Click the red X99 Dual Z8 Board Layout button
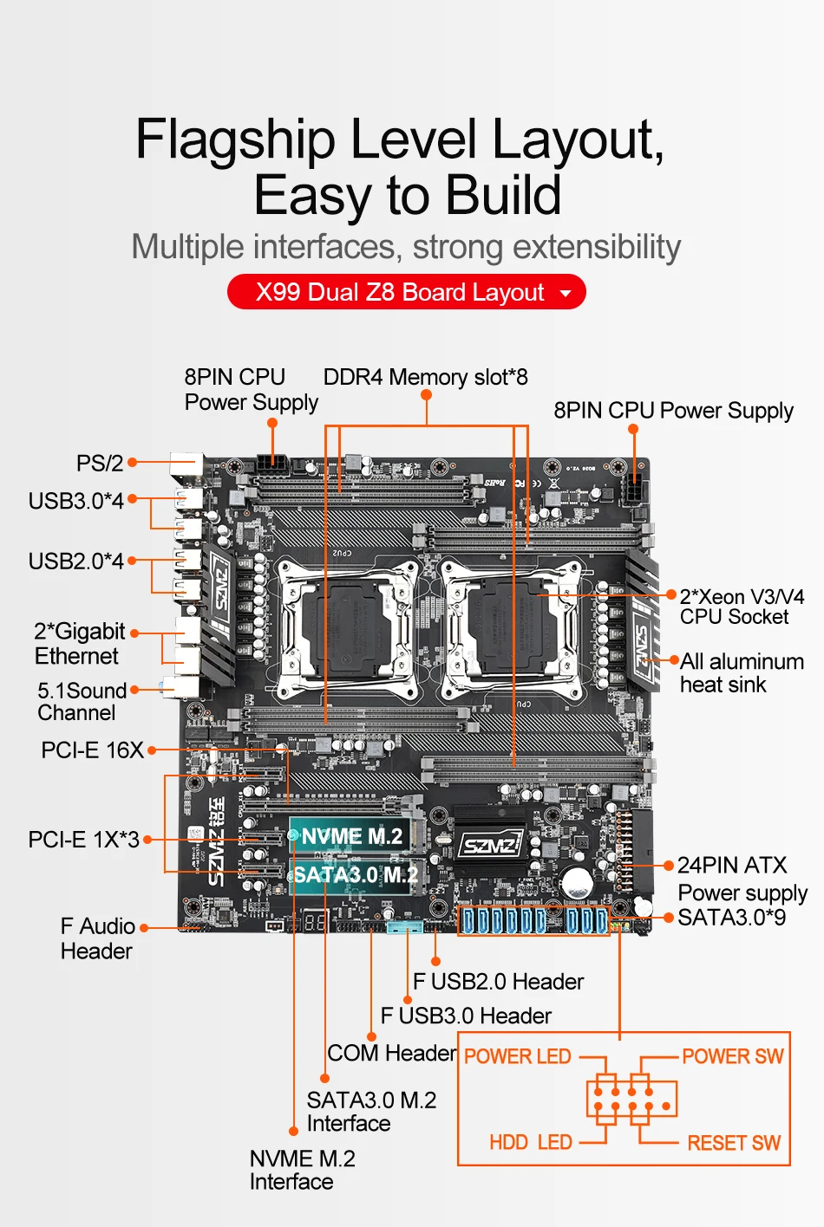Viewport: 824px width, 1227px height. pos(406,292)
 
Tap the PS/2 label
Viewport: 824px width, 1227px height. pos(100,463)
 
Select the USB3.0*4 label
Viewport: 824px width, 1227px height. pos(76,501)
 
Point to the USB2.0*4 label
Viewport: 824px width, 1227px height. pos(76,562)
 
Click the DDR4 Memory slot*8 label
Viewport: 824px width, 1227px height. pos(425,377)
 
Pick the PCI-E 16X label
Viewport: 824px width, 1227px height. pos(92,750)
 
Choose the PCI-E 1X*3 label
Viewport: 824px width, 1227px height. pos(83,840)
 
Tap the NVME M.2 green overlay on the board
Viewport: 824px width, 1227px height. pos(351,836)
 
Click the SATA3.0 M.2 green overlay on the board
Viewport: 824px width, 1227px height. pos(355,874)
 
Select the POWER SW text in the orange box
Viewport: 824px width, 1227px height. pos(732,1056)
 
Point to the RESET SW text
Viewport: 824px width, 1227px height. pos(734,1143)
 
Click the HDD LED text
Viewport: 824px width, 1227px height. pos(531,1142)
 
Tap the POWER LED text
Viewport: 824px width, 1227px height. pos(518,1056)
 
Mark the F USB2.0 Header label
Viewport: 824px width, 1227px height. pos(498,981)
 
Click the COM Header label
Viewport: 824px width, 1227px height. pos(392,1053)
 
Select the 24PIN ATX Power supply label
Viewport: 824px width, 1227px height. pos(742,879)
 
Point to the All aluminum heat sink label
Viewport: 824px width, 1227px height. pos(742,672)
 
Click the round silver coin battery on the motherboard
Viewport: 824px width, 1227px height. pos(577,883)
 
